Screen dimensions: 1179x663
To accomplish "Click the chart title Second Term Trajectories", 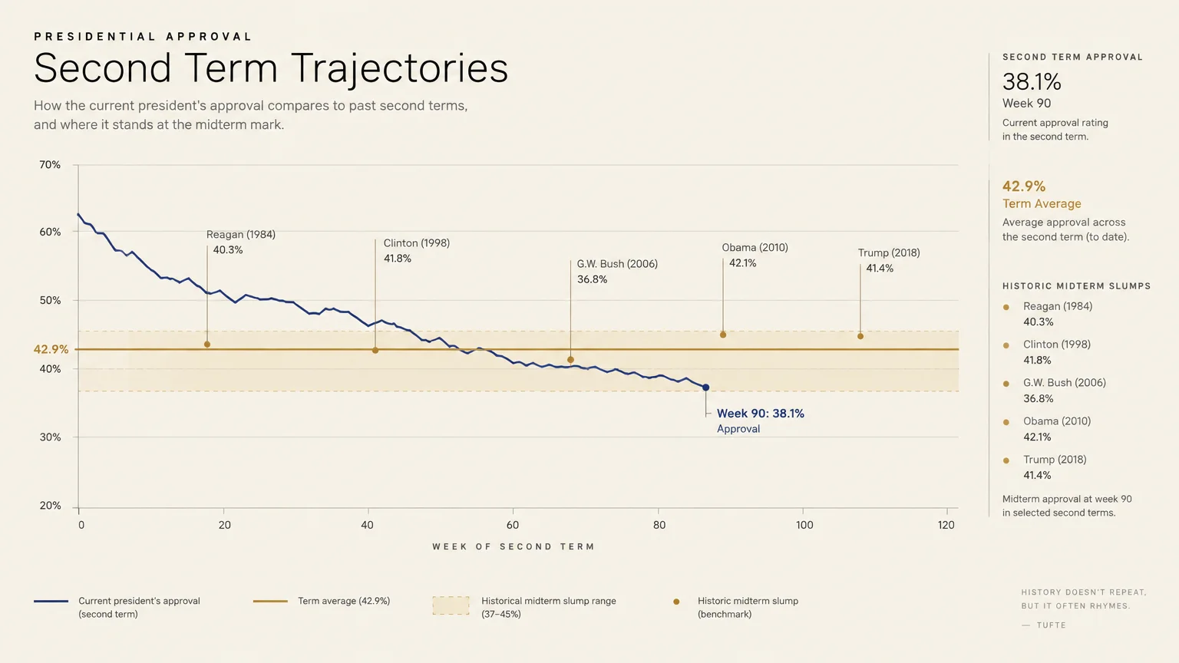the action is tap(271, 69).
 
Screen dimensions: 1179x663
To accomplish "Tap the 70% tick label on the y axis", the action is tap(50, 165).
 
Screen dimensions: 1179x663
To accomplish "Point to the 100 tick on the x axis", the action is tap(804, 525).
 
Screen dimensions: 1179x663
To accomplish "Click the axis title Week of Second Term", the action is tap(514, 546).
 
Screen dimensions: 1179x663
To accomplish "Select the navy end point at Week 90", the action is tap(706, 388).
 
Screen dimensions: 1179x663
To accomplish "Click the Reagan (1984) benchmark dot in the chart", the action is tap(206, 344).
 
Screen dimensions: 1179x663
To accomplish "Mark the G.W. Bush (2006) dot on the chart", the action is tap(570, 360).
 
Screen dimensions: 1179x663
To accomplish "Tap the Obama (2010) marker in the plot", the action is tap(722, 335).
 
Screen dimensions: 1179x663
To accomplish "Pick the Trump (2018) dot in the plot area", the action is tap(860, 336).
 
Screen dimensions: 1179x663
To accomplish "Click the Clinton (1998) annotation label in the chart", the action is tap(416, 243).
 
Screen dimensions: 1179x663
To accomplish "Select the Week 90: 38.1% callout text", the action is tap(761, 414).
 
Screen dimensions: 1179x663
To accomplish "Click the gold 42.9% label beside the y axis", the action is tap(51, 349).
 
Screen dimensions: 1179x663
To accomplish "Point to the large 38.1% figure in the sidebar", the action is tap(1032, 82).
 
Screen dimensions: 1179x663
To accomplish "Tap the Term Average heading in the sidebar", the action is tap(1042, 203).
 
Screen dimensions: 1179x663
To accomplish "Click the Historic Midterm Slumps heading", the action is tap(1076, 286).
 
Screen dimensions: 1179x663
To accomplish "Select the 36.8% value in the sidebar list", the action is tap(1039, 399).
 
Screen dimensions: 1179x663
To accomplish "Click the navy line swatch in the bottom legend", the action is tap(51, 601).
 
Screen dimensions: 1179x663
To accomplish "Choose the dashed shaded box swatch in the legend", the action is tap(451, 605).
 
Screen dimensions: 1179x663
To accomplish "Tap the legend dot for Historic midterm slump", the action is tap(676, 602).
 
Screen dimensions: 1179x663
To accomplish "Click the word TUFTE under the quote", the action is tap(1051, 625).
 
